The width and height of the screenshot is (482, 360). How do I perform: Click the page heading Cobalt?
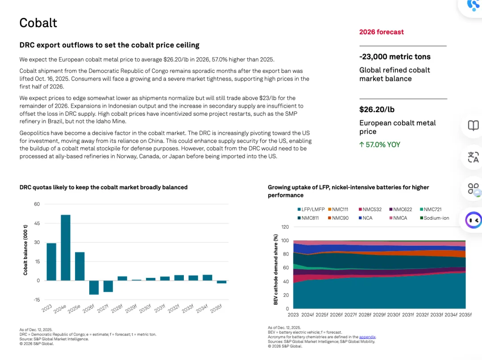[38, 23]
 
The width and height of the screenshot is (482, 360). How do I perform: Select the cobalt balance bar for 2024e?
[66, 247]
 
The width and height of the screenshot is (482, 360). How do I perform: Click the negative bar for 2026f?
[94, 287]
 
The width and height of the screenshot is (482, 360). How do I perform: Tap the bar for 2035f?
[221, 282]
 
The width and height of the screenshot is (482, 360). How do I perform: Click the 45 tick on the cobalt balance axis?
[37, 223]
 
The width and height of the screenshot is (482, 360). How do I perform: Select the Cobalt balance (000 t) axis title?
[25, 250]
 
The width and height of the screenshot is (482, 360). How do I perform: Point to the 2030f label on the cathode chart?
[393, 315]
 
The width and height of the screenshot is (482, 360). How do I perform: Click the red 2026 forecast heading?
[381, 32]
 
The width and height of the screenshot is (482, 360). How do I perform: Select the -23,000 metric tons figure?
[395, 57]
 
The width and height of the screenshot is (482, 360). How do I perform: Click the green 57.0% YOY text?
[380, 145]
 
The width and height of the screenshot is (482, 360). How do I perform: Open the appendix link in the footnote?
[367, 337]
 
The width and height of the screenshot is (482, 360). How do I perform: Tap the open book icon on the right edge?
[473, 126]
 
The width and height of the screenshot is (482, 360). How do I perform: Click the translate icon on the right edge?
[473, 157]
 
